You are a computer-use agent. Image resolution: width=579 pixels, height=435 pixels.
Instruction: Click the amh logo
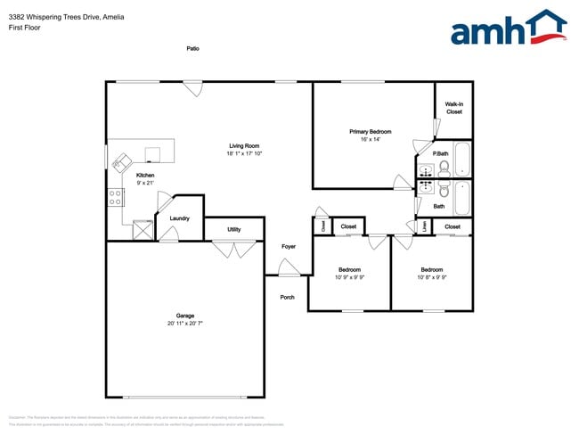[x=508, y=29]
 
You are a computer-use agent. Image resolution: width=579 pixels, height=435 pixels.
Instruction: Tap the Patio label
[x=192, y=48]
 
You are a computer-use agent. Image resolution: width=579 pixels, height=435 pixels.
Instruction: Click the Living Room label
[x=244, y=146]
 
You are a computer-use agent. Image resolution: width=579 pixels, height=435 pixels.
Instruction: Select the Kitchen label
[x=145, y=176]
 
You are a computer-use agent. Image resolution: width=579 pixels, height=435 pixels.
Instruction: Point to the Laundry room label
[x=179, y=217]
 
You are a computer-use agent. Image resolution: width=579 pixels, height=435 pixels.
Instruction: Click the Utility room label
[x=233, y=229]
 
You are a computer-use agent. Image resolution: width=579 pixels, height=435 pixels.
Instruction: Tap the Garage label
[x=185, y=316]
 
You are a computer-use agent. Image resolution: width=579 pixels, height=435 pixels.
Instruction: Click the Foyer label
[x=289, y=246]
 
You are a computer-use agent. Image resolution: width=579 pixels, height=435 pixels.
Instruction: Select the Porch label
[x=287, y=297]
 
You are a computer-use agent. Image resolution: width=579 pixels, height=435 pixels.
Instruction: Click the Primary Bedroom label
[x=371, y=132]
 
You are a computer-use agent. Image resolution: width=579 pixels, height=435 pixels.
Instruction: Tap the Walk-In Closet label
[x=453, y=108]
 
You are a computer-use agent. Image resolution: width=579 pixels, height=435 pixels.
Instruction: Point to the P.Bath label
[x=440, y=153]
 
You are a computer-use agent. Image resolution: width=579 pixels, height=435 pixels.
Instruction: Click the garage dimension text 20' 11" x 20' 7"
[x=185, y=324]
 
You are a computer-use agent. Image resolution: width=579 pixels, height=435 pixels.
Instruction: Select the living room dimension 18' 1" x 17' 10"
[x=244, y=154]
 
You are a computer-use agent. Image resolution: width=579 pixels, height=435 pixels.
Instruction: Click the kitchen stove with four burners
[x=116, y=198]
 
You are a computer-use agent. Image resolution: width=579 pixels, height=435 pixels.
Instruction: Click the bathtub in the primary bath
[x=462, y=160]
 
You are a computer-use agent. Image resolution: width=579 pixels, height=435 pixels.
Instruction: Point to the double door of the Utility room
[x=233, y=250]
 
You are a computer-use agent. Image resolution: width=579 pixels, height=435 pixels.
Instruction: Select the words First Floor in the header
[x=25, y=28]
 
